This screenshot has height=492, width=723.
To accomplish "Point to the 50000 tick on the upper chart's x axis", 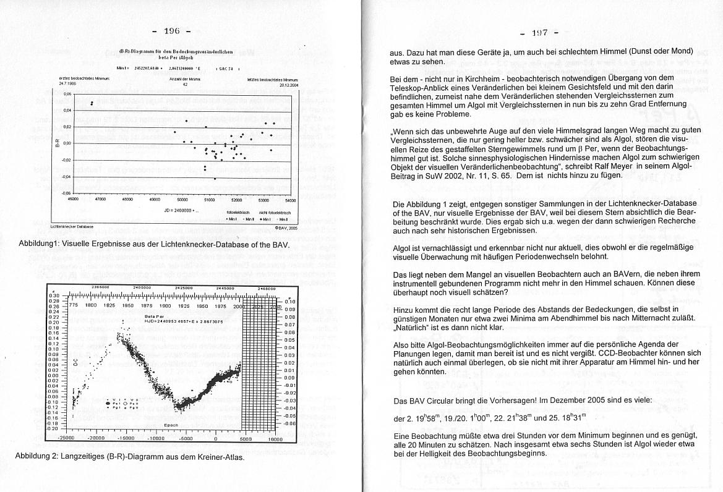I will tap(182, 200).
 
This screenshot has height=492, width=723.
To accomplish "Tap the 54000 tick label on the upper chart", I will tap(291, 200).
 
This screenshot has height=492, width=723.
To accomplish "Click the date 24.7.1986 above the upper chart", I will tap(67, 83).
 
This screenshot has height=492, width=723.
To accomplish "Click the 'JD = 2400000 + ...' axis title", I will tap(181, 210).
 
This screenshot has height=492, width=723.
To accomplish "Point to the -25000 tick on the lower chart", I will tap(66, 438).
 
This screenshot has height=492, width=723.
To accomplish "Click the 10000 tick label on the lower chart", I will tap(274, 438).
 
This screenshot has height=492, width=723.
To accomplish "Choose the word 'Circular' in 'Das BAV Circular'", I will tap(443, 400).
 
